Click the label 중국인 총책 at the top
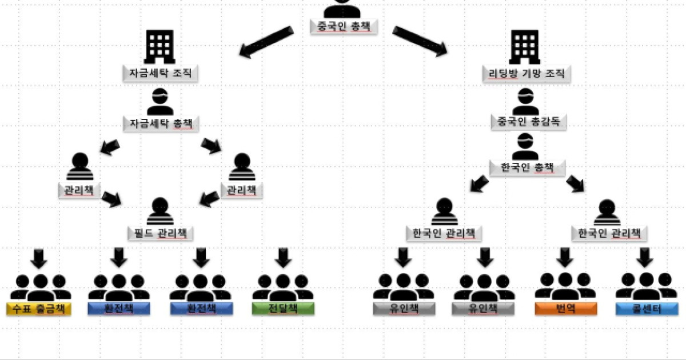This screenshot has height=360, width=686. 344,27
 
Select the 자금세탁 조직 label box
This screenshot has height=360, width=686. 160,73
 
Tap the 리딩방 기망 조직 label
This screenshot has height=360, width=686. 526,74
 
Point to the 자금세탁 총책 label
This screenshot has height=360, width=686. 161,123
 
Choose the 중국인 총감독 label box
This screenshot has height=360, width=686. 529,122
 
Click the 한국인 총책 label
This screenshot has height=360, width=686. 527,168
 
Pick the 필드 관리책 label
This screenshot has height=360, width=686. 160,234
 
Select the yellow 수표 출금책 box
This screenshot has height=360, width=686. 39,309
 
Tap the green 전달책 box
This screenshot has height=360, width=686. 283,309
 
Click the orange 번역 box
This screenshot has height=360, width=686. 565,309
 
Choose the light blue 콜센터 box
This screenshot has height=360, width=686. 647,309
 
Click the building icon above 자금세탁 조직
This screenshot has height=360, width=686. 159,46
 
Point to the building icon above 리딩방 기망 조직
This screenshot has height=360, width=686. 525,46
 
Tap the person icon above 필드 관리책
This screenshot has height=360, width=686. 160,211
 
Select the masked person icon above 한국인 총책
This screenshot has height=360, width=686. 525,146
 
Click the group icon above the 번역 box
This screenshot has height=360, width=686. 565,286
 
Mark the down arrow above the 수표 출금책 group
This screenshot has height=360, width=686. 39,259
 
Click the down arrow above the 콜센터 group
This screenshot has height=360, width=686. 645,258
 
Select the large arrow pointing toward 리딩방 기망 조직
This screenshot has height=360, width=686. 420,41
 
